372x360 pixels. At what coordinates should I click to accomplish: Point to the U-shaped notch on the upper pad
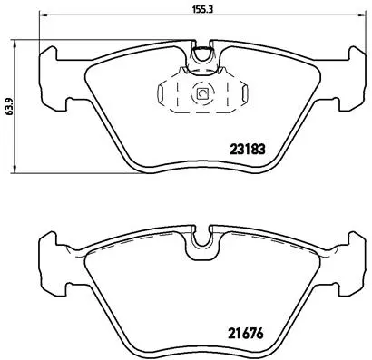pyautogui.click(x=203, y=58)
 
